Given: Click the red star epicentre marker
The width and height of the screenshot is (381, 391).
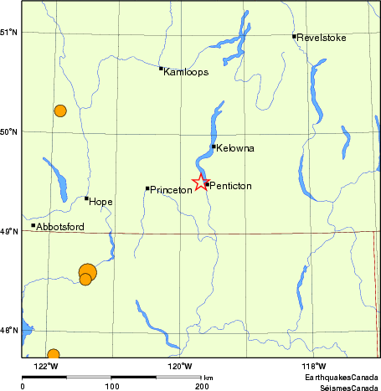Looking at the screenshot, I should [201, 183].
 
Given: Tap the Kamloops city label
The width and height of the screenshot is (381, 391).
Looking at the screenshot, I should [186, 72].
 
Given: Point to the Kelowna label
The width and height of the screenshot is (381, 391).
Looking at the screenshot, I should [235, 148].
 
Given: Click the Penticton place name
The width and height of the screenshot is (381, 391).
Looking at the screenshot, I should [230, 185].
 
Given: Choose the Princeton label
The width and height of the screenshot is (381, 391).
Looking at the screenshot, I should [171, 191].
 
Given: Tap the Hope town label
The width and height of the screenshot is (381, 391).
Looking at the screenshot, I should [100, 202].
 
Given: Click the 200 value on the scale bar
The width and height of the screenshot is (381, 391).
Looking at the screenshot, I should [202, 387].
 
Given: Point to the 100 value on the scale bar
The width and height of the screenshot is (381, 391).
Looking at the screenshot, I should [112, 387].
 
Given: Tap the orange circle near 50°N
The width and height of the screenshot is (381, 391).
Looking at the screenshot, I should [60, 111].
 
